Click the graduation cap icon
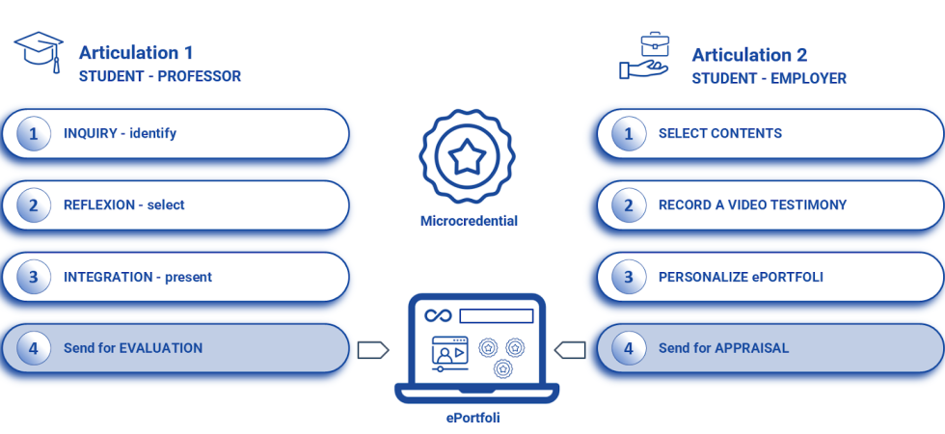click(39, 52)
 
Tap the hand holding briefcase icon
click(643, 57)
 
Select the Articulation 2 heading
click(749, 55)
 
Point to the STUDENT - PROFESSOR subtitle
click(160, 77)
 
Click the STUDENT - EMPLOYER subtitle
click(769, 79)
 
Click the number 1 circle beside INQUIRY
click(34, 133)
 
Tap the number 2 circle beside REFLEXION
click(34, 204)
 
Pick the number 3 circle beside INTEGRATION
click(34, 277)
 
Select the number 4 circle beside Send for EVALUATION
click(34, 348)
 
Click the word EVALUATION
click(161, 348)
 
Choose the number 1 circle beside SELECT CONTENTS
click(629, 133)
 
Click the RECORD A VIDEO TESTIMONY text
click(752, 204)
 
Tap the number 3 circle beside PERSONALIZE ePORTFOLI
click(629, 277)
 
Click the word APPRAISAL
click(751, 348)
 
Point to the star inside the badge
click(468, 154)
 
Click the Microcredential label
click(469, 221)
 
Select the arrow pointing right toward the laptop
click(372, 349)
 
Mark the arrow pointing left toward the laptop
click(570, 349)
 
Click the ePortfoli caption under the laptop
click(472, 418)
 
